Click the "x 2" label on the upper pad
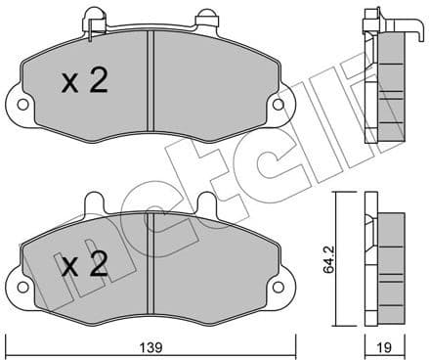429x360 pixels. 84,84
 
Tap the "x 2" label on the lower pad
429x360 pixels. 84,265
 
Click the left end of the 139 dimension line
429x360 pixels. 8,336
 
